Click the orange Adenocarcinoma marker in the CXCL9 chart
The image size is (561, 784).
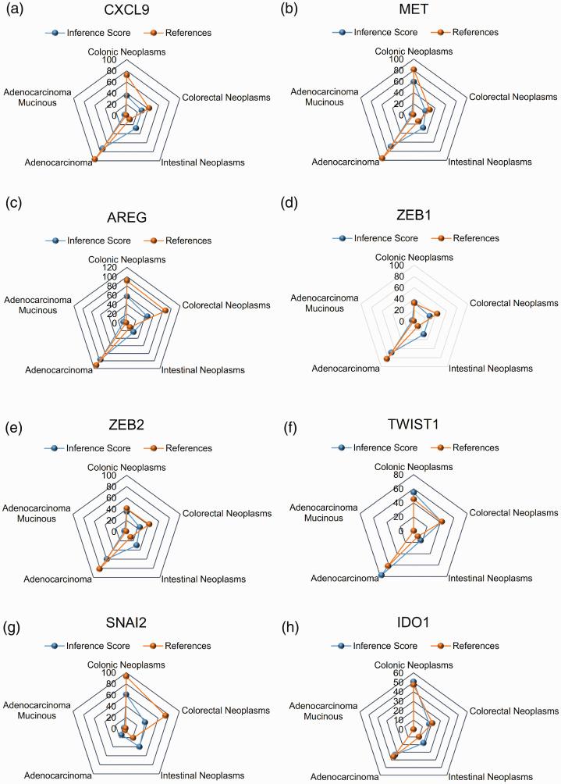click(95, 159)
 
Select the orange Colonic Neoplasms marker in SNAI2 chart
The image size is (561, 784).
click(126, 675)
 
